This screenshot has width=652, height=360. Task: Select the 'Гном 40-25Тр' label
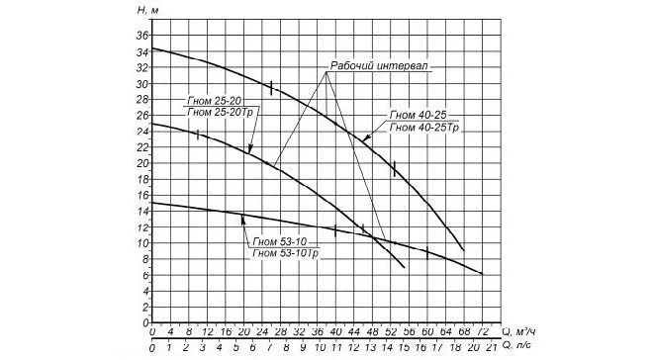click(x=425, y=128)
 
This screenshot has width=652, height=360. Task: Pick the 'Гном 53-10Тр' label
click(x=284, y=254)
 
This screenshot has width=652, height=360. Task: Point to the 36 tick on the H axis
click(x=141, y=37)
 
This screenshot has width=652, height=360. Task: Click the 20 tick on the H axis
click(x=141, y=163)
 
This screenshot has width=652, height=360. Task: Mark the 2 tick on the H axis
click(x=144, y=306)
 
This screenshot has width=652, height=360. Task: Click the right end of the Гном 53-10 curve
click(x=482, y=273)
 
